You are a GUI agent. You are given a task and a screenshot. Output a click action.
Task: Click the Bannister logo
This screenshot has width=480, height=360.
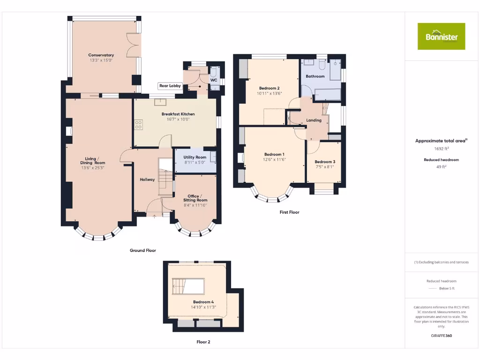click(x=442, y=36)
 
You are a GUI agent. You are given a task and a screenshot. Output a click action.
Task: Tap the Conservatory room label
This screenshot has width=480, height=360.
click(x=101, y=55)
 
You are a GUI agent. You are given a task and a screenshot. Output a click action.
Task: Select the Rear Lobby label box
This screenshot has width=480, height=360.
click(x=170, y=86)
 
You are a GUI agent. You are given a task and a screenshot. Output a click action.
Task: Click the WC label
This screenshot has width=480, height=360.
click(x=214, y=80)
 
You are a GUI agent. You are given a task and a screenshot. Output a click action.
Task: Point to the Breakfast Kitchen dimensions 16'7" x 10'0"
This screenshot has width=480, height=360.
click(x=178, y=119)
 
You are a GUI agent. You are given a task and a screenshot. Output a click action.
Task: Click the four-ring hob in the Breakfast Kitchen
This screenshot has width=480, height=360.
click(x=139, y=125)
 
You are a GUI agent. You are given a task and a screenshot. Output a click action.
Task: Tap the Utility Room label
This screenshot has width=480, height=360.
click(x=195, y=157)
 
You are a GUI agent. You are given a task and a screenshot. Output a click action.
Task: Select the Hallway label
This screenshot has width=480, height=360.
click(x=147, y=180)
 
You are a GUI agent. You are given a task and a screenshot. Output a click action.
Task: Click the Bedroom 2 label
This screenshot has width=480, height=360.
click(x=269, y=88)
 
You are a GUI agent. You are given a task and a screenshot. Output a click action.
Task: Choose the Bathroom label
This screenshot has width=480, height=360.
click(x=315, y=76)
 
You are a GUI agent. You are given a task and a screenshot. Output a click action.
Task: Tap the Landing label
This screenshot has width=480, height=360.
click(x=314, y=120)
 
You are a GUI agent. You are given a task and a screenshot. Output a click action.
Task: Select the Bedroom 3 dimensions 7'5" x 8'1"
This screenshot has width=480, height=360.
click(x=325, y=166)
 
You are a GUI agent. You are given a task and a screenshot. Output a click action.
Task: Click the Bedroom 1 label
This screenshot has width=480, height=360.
click(x=274, y=154)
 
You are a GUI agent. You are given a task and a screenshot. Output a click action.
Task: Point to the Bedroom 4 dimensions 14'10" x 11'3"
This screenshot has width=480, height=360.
click(x=203, y=307)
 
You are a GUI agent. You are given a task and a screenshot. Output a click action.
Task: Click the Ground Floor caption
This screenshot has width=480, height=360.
click(x=143, y=251)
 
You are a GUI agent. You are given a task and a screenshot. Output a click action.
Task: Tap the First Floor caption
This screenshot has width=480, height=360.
click(x=289, y=212)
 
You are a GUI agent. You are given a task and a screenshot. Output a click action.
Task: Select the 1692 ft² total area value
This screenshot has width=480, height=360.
click(x=441, y=149)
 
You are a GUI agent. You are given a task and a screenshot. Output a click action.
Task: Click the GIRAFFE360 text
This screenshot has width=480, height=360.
click(x=441, y=336)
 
